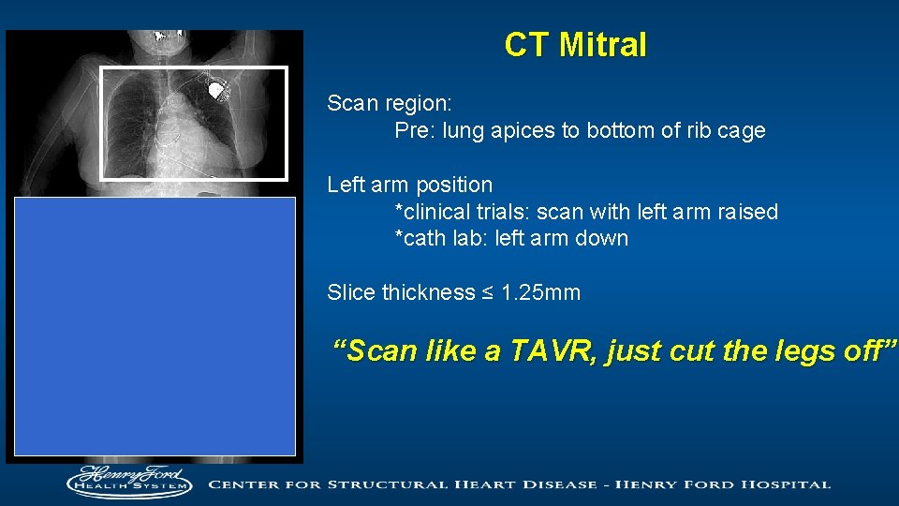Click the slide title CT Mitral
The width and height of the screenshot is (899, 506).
(x=575, y=45)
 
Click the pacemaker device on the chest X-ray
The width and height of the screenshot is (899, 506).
(x=218, y=91)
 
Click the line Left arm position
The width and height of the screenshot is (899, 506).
(x=409, y=185)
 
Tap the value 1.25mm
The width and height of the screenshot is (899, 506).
(x=541, y=293)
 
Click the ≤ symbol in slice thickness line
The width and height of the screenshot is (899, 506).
(x=488, y=293)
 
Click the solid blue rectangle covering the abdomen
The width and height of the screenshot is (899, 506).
(x=155, y=325)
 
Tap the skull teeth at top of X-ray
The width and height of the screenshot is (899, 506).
(x=169, y=38)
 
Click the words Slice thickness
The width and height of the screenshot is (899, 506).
(x=401, y=293)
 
